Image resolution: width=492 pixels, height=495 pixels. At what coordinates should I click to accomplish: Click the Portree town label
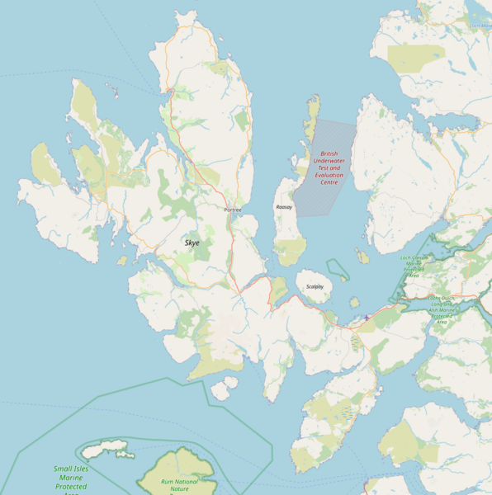pyautogui.click(x=233, y=210)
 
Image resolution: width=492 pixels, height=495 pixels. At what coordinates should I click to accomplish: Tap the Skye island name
pyautogui.click(x=192, y=243)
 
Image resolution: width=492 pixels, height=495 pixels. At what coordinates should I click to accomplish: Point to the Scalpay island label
pyautogui.click(x=315, y=286)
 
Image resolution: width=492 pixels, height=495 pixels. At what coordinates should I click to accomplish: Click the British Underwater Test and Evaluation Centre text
pyautogui.click(x=329, y=167)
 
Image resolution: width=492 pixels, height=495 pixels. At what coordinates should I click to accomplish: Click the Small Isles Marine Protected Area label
pyautogui.click(x=70, y=478)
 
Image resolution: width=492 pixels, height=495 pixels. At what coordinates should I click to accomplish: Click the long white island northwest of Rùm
pyautogui.click(x=105, y=450)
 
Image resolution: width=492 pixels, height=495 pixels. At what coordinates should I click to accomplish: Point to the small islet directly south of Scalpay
pyautogui.click(x=354, y=302)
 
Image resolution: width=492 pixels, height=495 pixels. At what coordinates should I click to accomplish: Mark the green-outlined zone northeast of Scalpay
pyautogui.click(x=337, y=269)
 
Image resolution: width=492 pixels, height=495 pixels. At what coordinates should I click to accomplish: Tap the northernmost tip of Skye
pyautogui.click(x=191, y=14)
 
